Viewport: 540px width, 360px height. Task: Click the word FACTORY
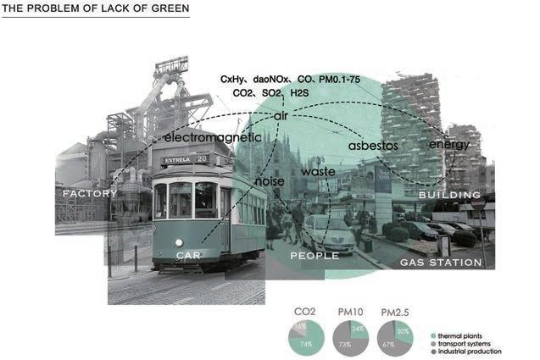coord(89,194)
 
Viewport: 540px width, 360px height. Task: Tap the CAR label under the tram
coord(189,255)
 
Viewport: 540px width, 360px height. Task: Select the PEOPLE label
coord(315,255)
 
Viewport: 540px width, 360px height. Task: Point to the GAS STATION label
coord(441,263)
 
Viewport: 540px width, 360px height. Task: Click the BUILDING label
coord(449,195)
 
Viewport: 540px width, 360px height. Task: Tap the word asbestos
coord(373,146)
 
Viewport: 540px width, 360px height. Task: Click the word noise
coord(270,180)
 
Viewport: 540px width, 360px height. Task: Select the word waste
coord(319,172)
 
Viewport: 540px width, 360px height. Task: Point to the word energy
coord(449,144)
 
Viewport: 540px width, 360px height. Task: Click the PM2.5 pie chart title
coord(398,312)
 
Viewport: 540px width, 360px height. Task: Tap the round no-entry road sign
coord(478,204)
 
